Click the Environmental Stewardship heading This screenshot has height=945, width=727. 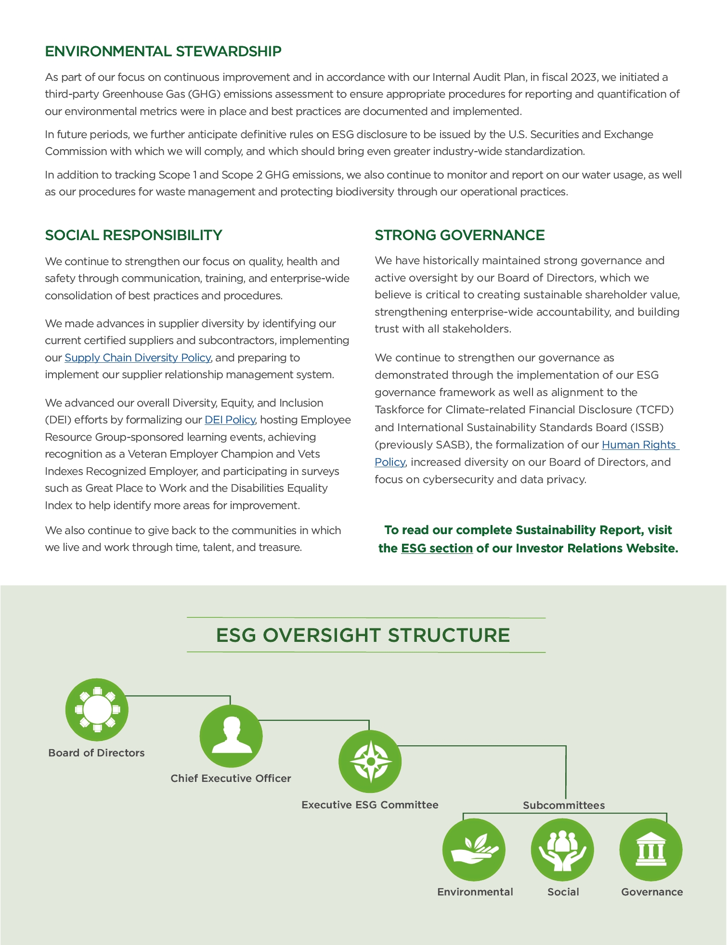click(x=163, y=51)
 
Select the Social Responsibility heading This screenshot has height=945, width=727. click(x=133, y=235)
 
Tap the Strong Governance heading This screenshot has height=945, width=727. click(x=459, y=235)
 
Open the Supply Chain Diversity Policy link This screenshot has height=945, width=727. click(x=138, y=358)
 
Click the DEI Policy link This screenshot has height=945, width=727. click(x=230, y=420)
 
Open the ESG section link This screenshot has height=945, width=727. click(x=437, y=549)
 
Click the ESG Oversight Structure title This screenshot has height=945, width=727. click(x=363, y=635)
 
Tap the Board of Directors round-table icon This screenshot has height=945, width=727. click(x=97, y=710)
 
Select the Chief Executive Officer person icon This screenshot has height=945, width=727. click(x=231, y=736)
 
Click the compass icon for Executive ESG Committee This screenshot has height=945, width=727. click(x=370, y=762)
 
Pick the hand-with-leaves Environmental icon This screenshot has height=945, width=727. click(x=474, y=850)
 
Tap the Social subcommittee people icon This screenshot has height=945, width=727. click(x=562, y=850)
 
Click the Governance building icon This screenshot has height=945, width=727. click(x=650, y=850)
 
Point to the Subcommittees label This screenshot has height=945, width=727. click(x=564, y=805)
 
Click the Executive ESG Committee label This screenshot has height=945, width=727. click(x=370, y=805)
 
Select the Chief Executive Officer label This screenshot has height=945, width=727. click(x=231, y=779)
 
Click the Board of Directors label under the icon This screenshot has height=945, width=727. click(x=96, y=753)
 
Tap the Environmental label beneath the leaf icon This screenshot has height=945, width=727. click(x=475, y=892)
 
